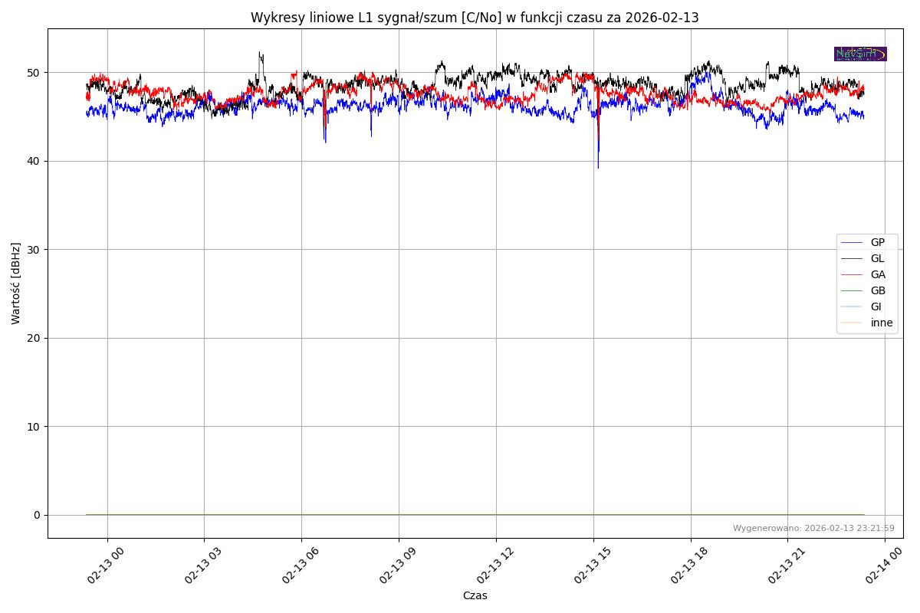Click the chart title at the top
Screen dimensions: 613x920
[x=475, y=18]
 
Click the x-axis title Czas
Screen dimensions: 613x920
[x=475, y=595]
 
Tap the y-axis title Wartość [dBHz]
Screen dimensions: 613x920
[x=16, y=284]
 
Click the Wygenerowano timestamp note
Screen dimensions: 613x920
[x=813, y=528]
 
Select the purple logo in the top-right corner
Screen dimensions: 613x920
[x=860, y=54]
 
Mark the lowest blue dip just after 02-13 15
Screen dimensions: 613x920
[x=598, y=167]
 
